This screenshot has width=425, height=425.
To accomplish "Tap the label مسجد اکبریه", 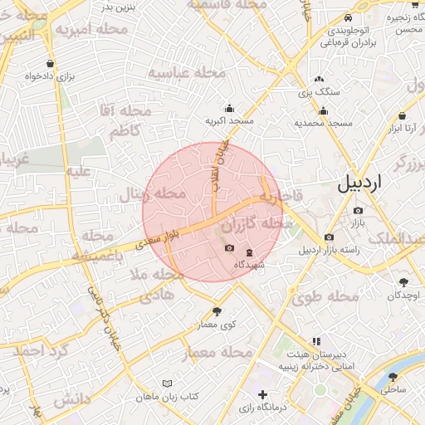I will pos(229,122).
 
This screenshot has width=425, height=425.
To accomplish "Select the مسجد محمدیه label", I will pos(324,123).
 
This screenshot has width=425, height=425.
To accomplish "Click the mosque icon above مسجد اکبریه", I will pos(229,108).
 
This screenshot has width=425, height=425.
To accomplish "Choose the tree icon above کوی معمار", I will pos(217,311).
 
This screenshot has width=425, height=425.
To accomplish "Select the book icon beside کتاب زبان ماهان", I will pos(169,383).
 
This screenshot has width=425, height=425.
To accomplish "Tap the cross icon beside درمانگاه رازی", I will pos(263,394).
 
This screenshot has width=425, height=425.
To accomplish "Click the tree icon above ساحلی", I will pos(393,376).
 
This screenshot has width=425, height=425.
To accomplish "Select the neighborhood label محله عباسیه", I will pos(187,72).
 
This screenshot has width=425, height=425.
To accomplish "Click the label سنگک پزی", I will pos(315,92).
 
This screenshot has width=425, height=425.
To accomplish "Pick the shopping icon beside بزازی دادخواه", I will pos(51,63).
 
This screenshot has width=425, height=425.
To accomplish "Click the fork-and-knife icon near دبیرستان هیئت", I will pos(315,341).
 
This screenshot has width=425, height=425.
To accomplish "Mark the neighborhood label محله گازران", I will pos(257,225).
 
